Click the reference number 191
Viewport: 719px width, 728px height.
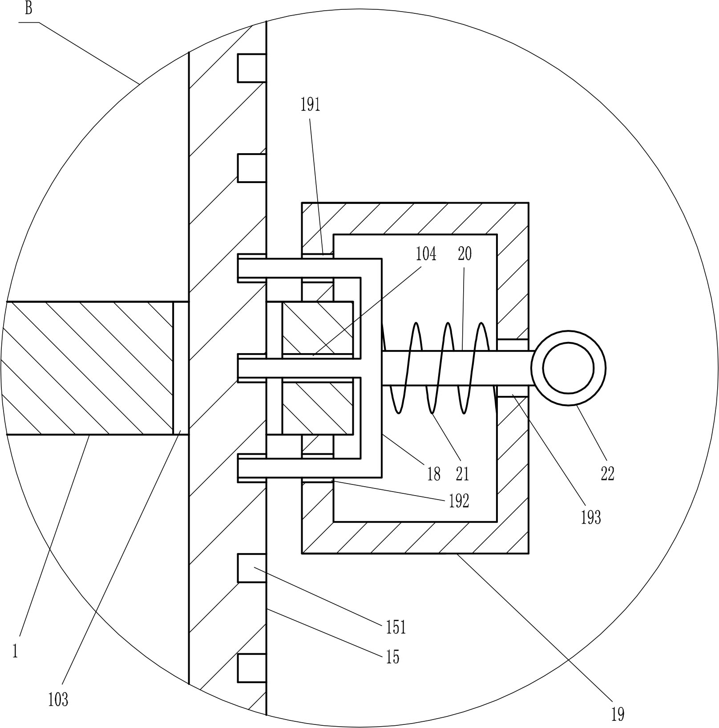click(x=310, y=105)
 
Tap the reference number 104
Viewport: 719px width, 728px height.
click(x=426, y=254)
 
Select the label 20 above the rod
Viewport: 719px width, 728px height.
click(x=465, y=254)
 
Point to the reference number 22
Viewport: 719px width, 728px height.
click(x=607, y=473)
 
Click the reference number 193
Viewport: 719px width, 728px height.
click(x=591, y=517)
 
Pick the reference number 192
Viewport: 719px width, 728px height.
click(x=459, y=501)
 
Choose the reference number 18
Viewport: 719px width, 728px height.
click(x=433, y=474)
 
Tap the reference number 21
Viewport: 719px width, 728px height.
click(x=462, y=474)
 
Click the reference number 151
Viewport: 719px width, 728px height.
click(x=396, y=627)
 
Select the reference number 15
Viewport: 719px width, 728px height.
click(x=392, y=657)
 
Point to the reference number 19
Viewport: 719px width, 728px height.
click(x=618, y=715)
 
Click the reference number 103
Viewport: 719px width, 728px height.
click(x=58, y=700)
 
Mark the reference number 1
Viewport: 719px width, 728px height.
click(x=15, y=652)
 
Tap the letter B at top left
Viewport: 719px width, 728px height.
click(x=28, y=8)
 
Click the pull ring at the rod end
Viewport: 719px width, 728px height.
click(x=568, y=368)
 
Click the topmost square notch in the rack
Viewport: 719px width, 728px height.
click(x=252, y=68)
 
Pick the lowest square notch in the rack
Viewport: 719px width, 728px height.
click(x=252, y=668)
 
